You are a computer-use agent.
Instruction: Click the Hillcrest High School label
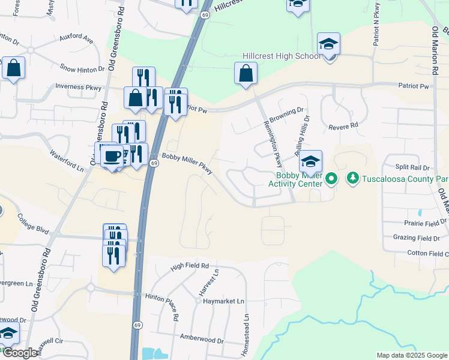point(281,56)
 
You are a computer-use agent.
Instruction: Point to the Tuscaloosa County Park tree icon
point(352,179)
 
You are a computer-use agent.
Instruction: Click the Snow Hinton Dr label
point(83,69)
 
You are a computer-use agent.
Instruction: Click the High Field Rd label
point(189,265)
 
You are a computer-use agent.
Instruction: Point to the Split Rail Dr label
point(412,167)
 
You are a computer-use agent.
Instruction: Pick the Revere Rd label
point(343,126)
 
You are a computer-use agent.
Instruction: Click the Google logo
point(20,353)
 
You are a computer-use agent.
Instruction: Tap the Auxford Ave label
point(76,40)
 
